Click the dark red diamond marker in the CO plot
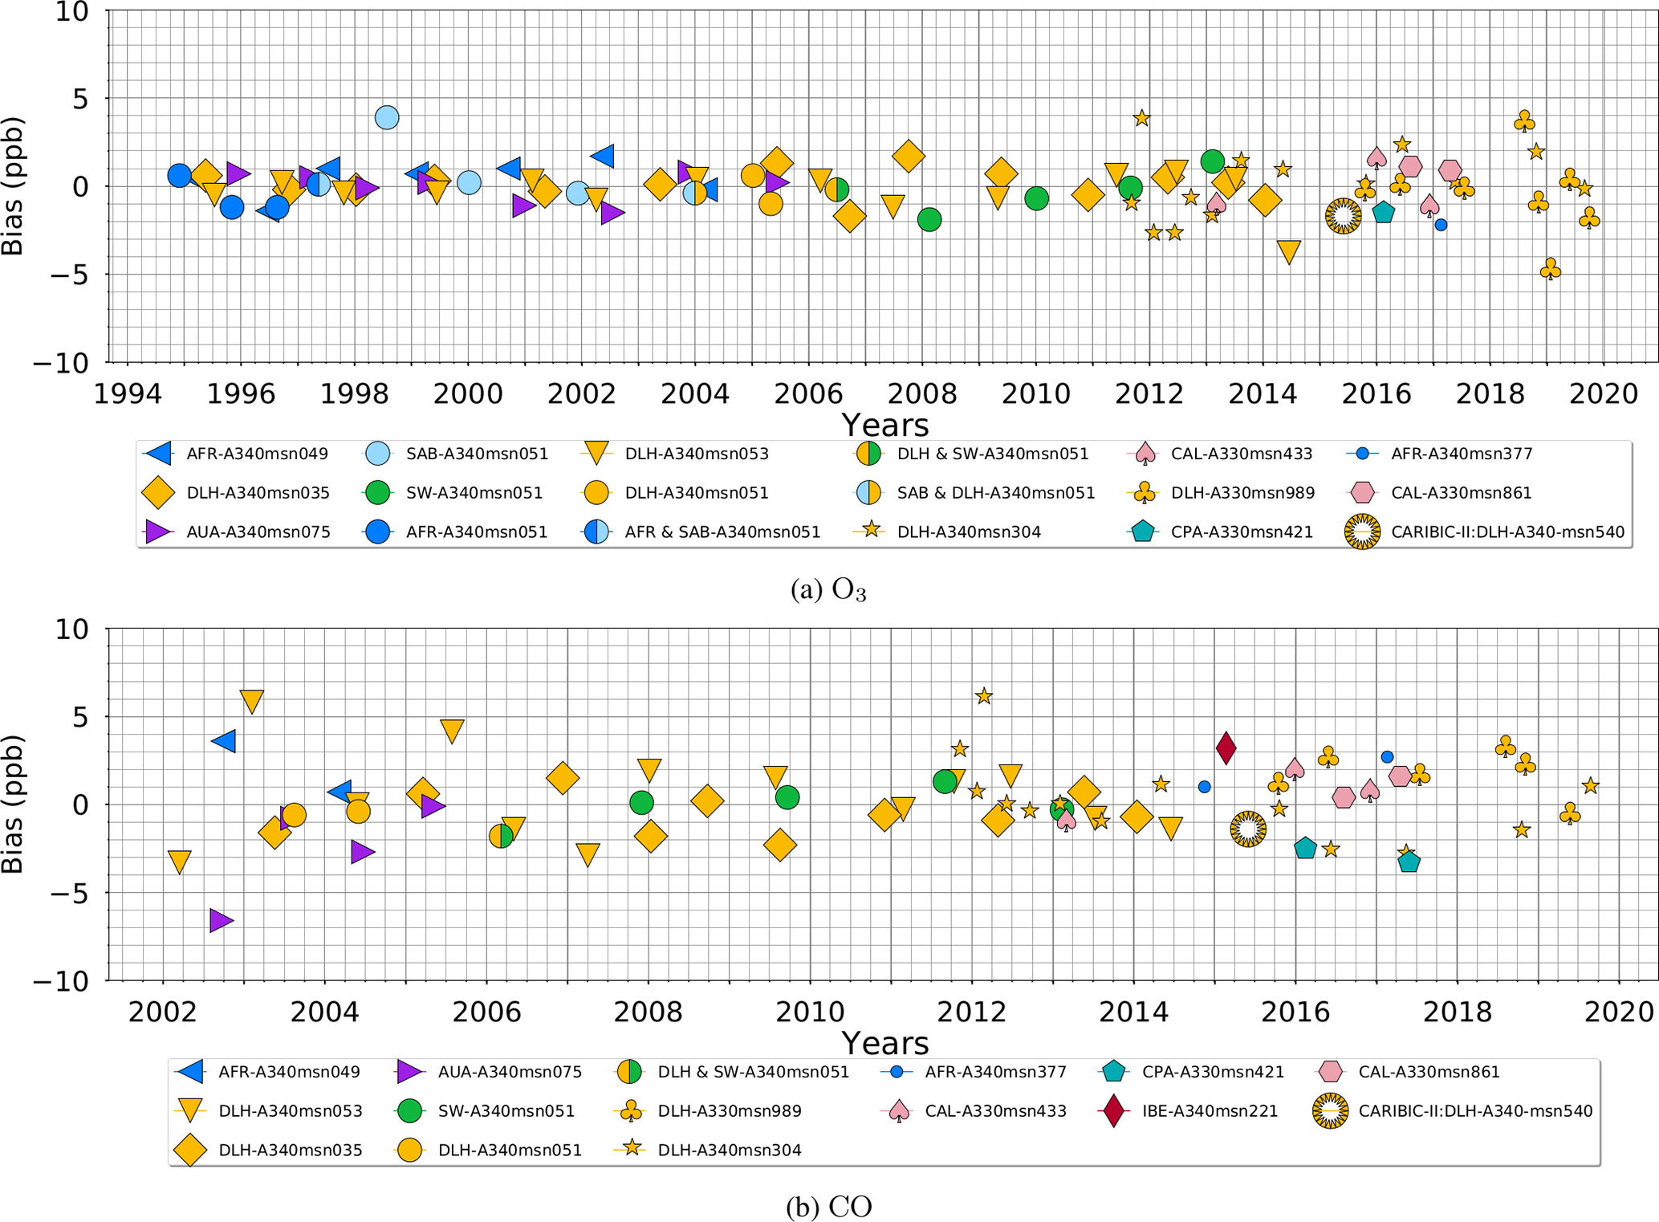pyautogui.click(x=1225, y=747)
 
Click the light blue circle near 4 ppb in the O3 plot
pyautogui.click(x=387, y=117)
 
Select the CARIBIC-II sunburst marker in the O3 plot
pyautogui.click(x=1343, y=216)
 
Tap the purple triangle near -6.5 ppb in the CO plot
pyautogui.click(x=221, y=920)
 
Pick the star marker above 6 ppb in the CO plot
pyautogui.click(x=984, y=696)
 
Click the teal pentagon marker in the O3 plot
pyautogui.click(x=1383, y=213)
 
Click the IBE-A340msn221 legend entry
pyautogui.click(x=1187, y=1111)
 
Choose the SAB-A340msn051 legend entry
pyautogui.click(x=457, y=454)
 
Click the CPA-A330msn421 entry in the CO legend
pyautogui.click(x=1191, y=1072)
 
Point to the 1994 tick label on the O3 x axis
pyautogui.click(x=128, y=394)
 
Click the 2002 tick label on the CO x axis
pyautogui.click(x=162, y=1012)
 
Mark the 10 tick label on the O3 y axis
pyautogui.click(x=71, y=12)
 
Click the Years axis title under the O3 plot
pyautogui.click(x=884, y=425)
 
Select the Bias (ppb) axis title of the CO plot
pyautogui.click(x=13, y=804)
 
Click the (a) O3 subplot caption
pyautogui.click(x=828, y=590)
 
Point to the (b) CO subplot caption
pyautogui.click(x=828, y=1207)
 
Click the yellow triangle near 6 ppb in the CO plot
pyautogui.click(x=252, y=701)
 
